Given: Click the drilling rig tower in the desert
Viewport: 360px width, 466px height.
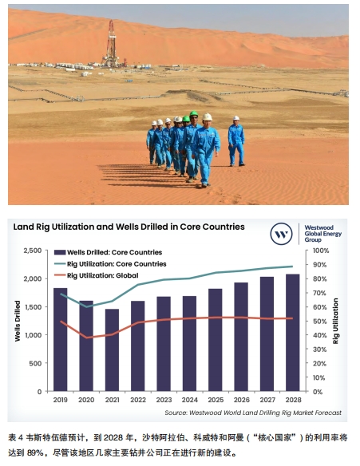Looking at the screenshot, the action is tap(111, 44).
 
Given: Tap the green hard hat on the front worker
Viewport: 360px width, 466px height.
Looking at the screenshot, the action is tap(194, 113).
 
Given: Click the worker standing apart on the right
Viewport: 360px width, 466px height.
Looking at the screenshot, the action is tap(236, 141).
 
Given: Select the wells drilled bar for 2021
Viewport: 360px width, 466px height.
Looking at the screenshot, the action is tap(112, 349).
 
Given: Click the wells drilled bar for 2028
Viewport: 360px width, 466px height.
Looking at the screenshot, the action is tap(293, 333).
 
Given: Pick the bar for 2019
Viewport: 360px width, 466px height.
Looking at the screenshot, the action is tap(61, 339).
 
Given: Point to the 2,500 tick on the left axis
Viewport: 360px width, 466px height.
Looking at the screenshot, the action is tap(33, 251).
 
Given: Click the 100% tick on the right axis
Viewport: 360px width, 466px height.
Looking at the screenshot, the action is tap(321, 251).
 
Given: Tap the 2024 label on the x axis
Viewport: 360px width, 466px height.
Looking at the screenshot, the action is tap(190, 400).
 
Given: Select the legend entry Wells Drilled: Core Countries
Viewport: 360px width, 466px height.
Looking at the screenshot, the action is tap(109, 252).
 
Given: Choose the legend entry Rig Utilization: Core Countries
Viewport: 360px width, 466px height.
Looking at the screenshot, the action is tap(110, 264).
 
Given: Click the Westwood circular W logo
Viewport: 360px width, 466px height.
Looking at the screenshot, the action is tap(281, 234).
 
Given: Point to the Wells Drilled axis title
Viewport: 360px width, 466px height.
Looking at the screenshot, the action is tap(18, 321).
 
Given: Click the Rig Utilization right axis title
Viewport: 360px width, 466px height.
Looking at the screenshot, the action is tap(335, 321).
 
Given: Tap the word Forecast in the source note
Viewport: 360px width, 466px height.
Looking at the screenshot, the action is tap(328, 413).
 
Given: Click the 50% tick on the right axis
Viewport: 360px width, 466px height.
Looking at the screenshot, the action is tap(319, 322).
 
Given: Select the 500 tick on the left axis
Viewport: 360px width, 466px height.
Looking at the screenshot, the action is tap(35, 363).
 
